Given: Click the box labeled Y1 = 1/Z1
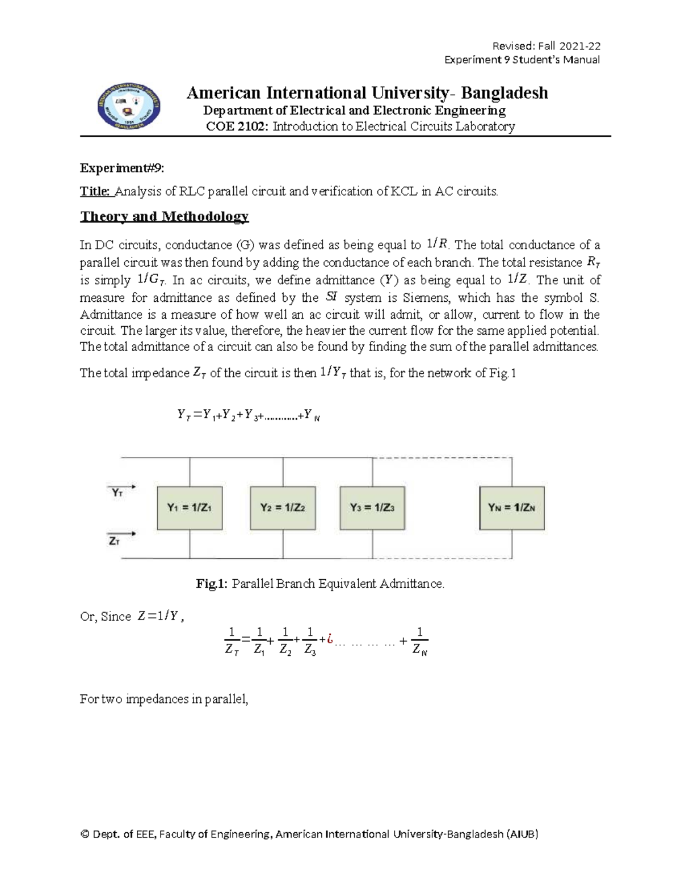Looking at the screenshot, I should click(x=190, y=508).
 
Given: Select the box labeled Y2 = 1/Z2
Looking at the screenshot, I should click(x=283, y=508).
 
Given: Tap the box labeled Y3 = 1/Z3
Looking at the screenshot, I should click(x=372, y=508).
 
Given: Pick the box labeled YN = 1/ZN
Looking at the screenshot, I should click(x=512, y=508).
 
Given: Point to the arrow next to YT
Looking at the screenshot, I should click(x=127, y=486).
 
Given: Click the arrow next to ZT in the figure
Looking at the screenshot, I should click(x=127, y=533).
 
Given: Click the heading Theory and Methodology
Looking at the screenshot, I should click(x=165, y=216).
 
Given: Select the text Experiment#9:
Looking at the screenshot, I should click(x=122, y=168).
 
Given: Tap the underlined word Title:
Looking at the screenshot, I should click(x=95, y=191).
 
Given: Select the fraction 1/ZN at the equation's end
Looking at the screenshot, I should click(x=419, y=641).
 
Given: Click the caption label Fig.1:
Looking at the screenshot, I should click(x=212, y=583).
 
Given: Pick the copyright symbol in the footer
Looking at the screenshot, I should click(x=85, y=834).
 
